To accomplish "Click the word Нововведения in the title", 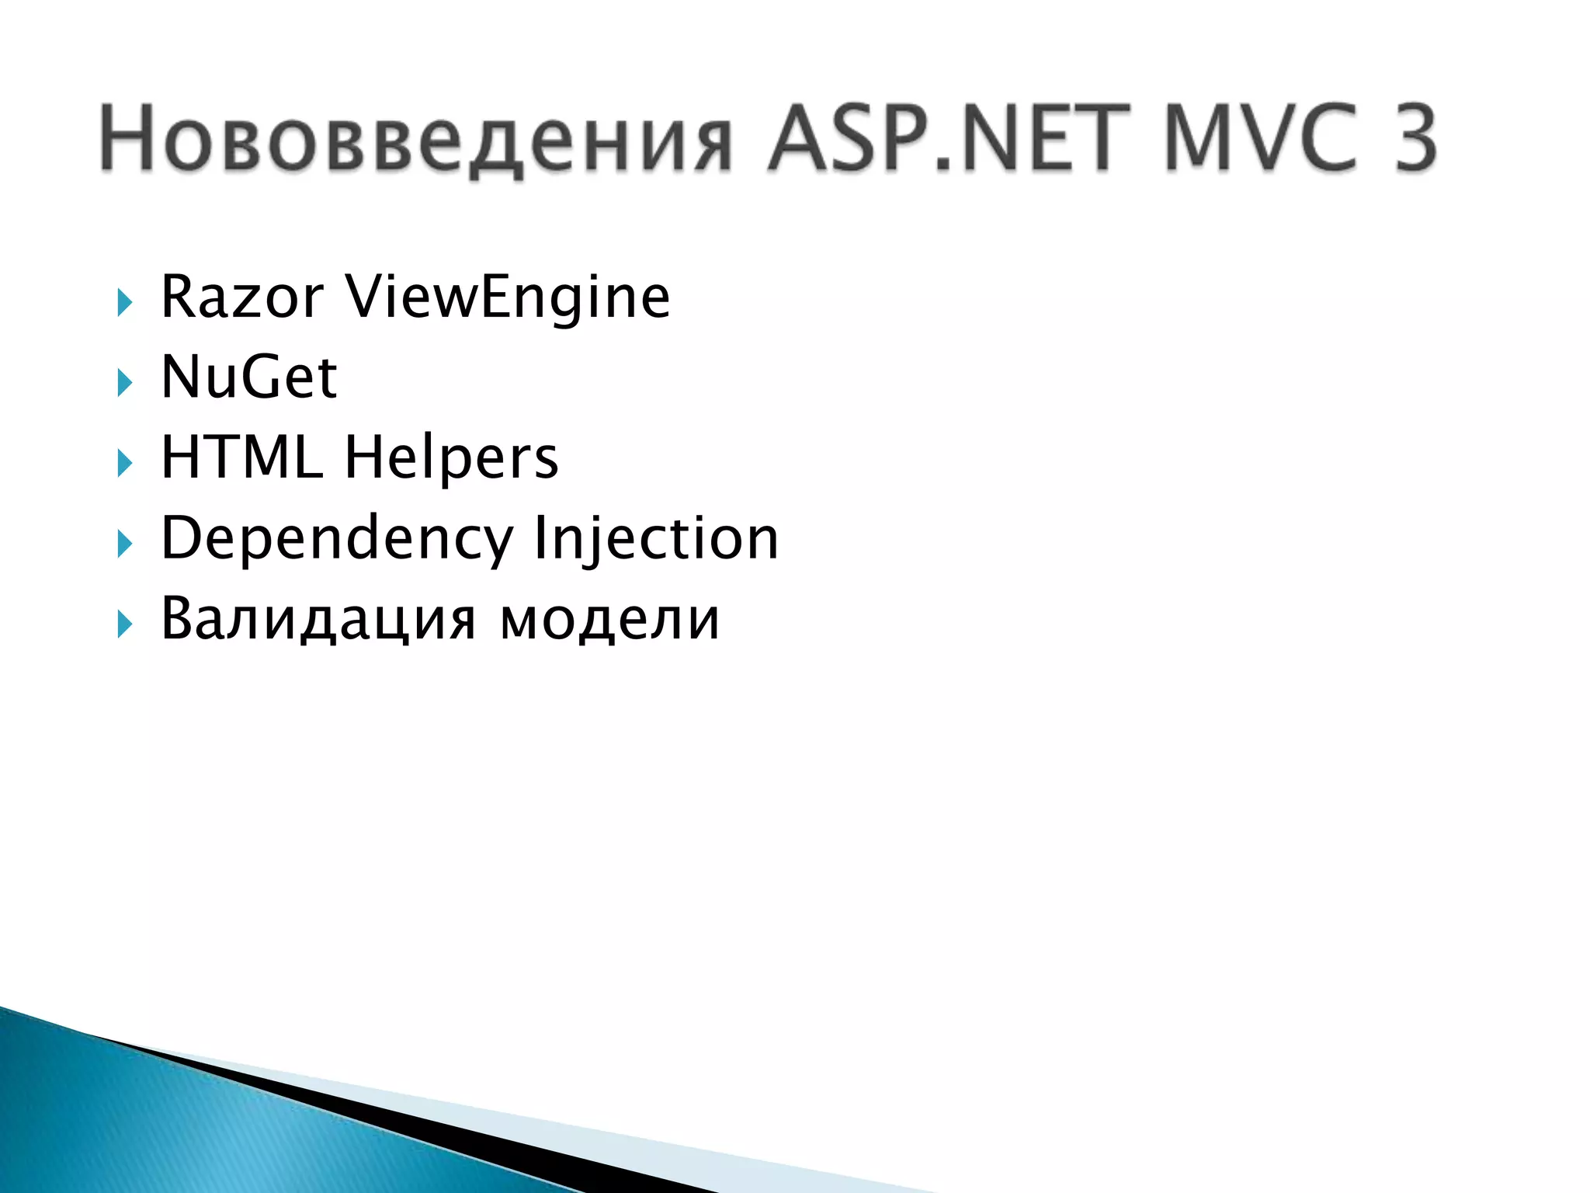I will pos(415,140).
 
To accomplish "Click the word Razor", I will pos(241,297).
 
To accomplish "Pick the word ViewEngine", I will pos(508,298).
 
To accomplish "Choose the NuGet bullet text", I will pos(248,377).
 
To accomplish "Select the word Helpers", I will pos(451,458).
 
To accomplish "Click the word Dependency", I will pos(337,539).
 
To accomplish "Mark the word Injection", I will pos(656,539).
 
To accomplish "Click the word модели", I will pos(610,620).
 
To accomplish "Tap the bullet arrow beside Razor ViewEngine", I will pos(124,303).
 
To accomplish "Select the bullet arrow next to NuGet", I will pos(124,383).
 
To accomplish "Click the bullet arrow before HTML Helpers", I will pos(124,464).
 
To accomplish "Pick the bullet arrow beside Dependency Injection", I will pos(124,544).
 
